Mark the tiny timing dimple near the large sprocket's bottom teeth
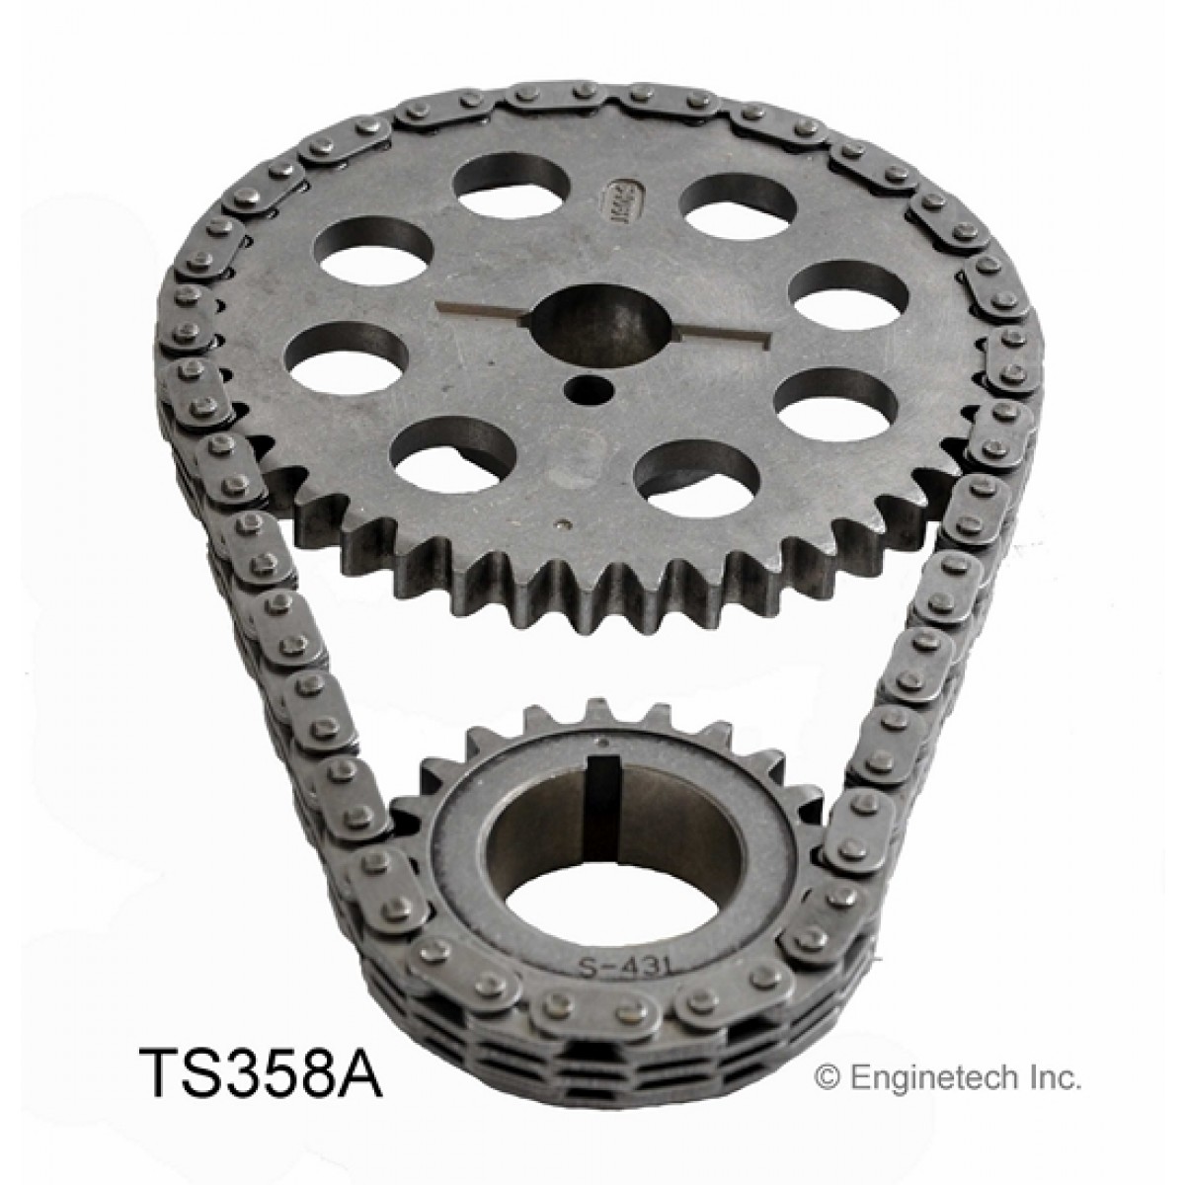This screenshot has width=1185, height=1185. point(563,526)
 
